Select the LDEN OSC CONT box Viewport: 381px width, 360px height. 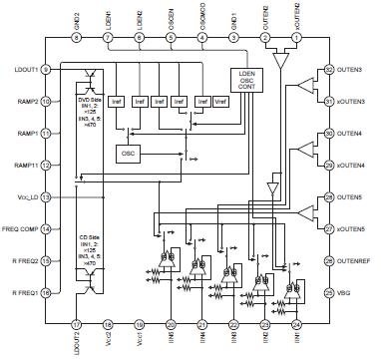(245, 81)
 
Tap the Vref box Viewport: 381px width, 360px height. (218, 103)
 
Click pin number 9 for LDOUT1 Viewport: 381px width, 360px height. (47, 69)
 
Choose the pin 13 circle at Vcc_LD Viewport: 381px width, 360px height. (47, 197)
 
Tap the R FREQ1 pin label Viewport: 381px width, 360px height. (20, 292)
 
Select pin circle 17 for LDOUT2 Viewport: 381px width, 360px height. (77, 324)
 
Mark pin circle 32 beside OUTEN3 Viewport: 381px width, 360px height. (328, 70)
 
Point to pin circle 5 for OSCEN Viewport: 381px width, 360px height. (172, 38)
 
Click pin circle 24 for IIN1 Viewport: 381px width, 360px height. (297, 324)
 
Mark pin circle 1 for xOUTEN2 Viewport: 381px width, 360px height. (297, 38)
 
